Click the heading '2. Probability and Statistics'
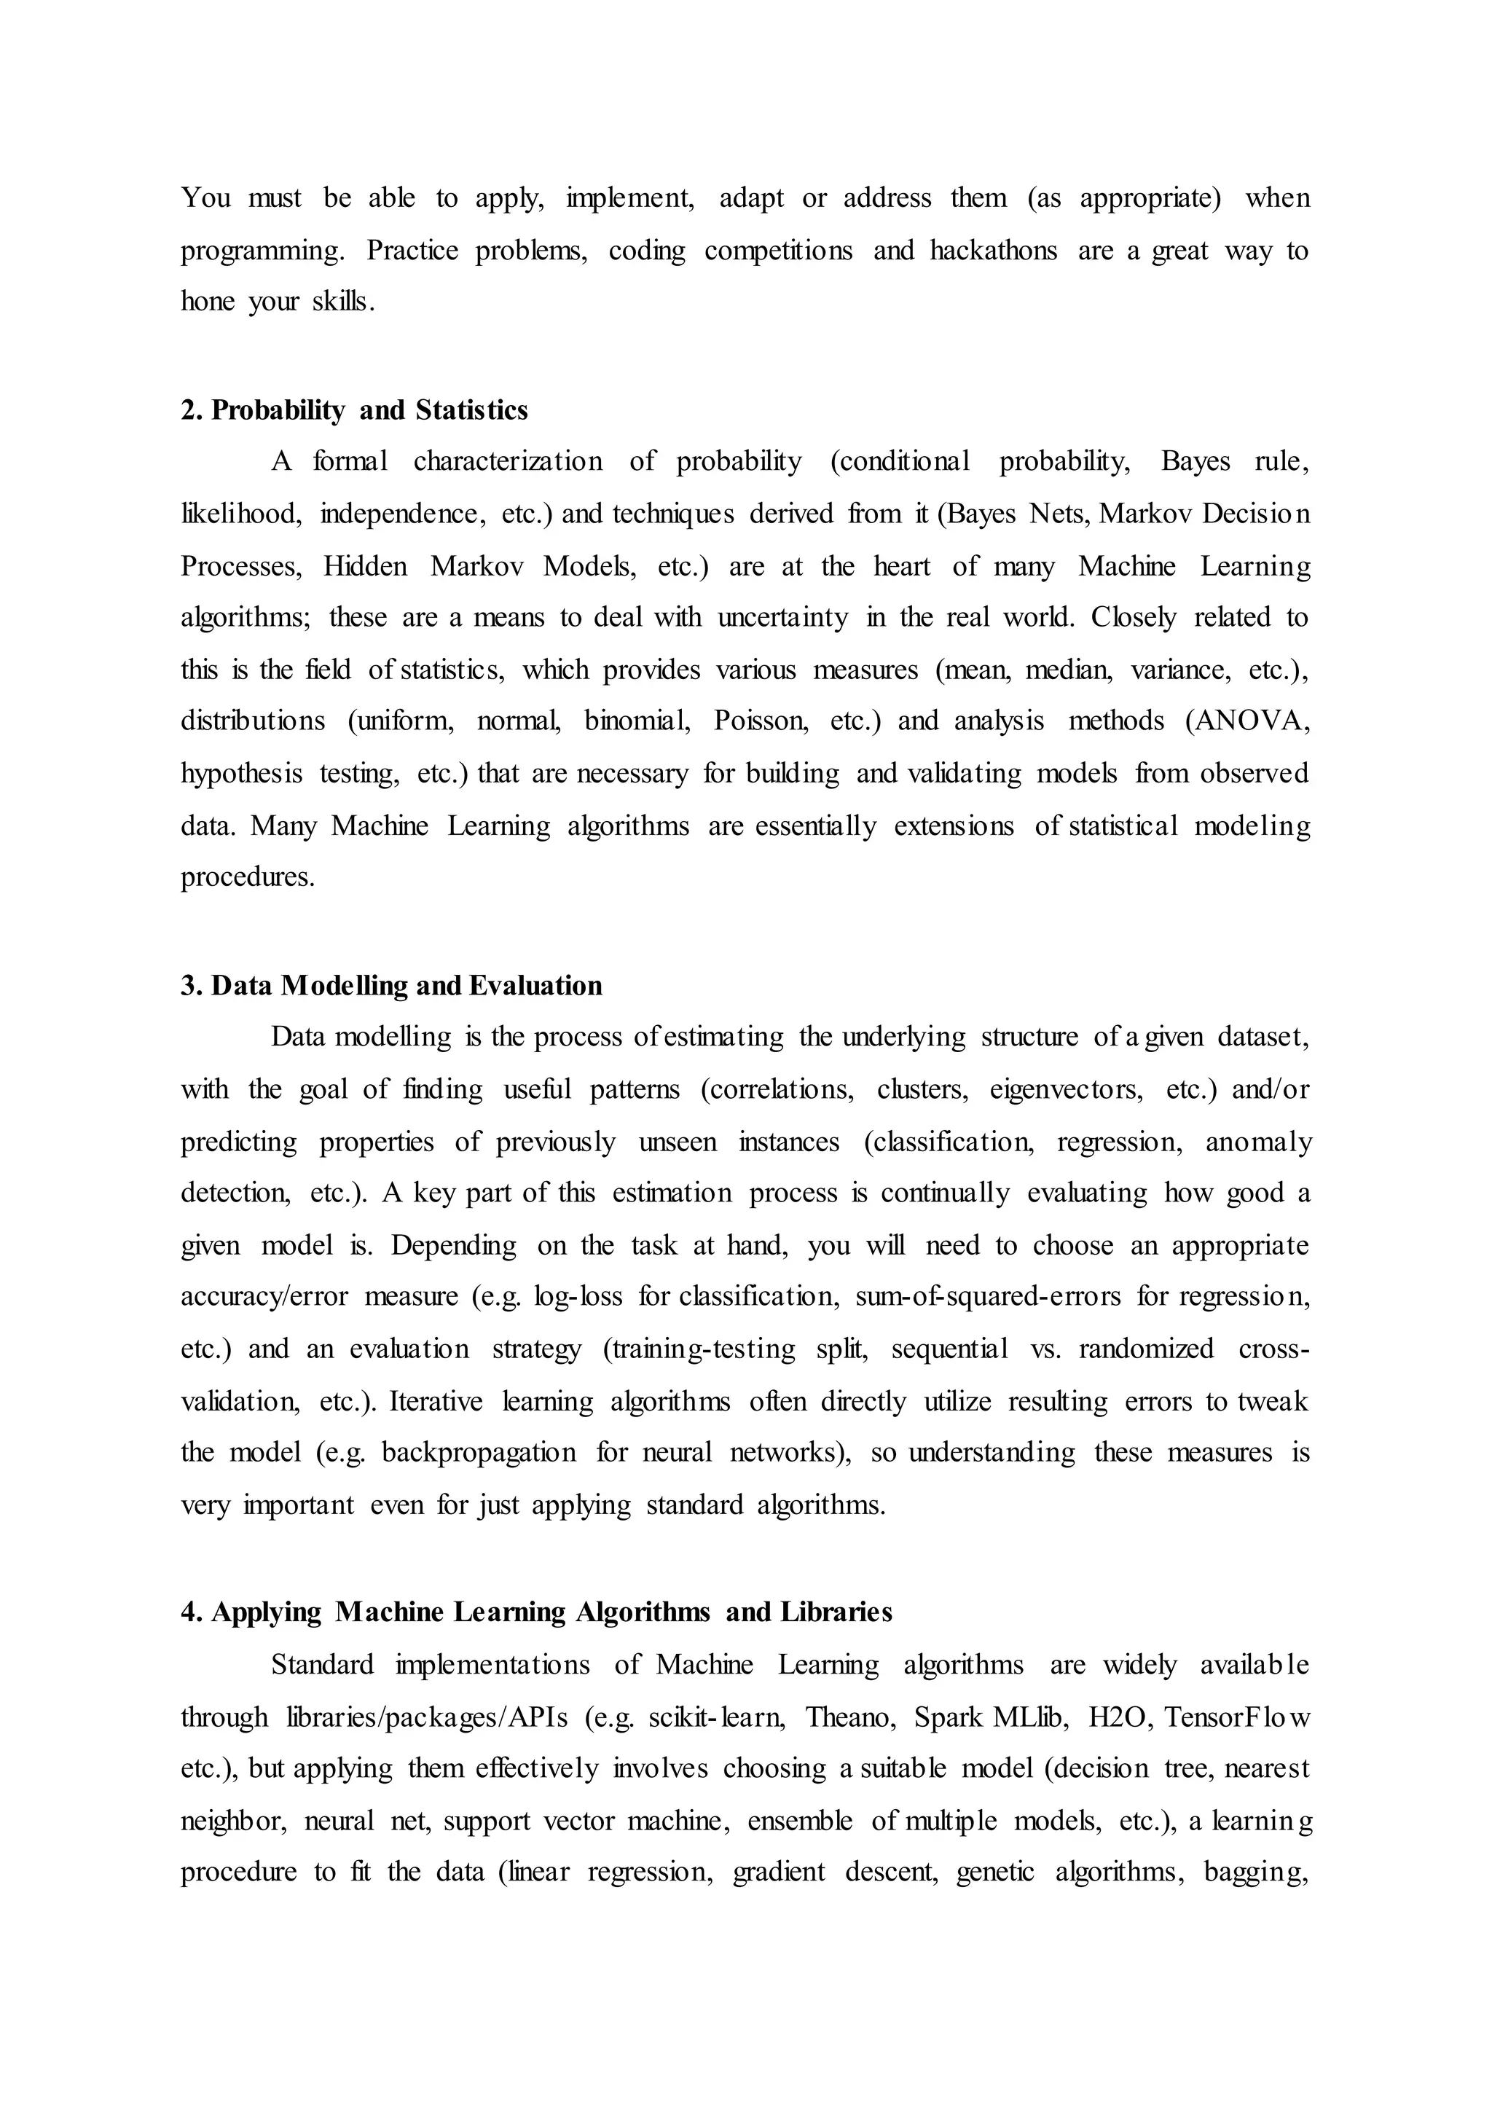click(354, 410)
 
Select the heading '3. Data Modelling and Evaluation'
click(391, 985)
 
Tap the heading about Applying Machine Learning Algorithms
click(536, 1612)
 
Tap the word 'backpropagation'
click(479, 1452)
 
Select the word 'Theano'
click(841, 1717)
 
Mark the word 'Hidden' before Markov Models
click(365, 565)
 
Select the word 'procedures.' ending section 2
click(247, 878)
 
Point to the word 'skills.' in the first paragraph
click(344, 302)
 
